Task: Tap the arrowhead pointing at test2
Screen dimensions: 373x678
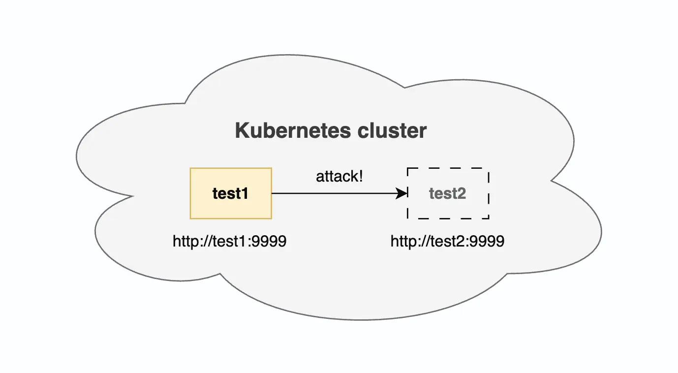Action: click(x=403, y=193)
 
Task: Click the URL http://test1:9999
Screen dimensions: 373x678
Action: click(x=230, y=241)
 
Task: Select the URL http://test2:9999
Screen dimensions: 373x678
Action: click(x=447, y=241)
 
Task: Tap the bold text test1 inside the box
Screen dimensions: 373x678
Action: click(x=230, y=193)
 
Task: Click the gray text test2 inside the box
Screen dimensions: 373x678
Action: click(x=447, y=193)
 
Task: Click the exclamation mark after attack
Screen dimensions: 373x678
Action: click(x=360, y=177)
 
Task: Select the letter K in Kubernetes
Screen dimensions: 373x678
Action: click(x=241, y=131)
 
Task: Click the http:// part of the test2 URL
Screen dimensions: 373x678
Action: click(x=406, y=241)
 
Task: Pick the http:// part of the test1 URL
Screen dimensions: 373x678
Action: click(x=189, y=241)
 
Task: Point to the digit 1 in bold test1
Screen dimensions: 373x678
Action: click(x=245, y=193)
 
